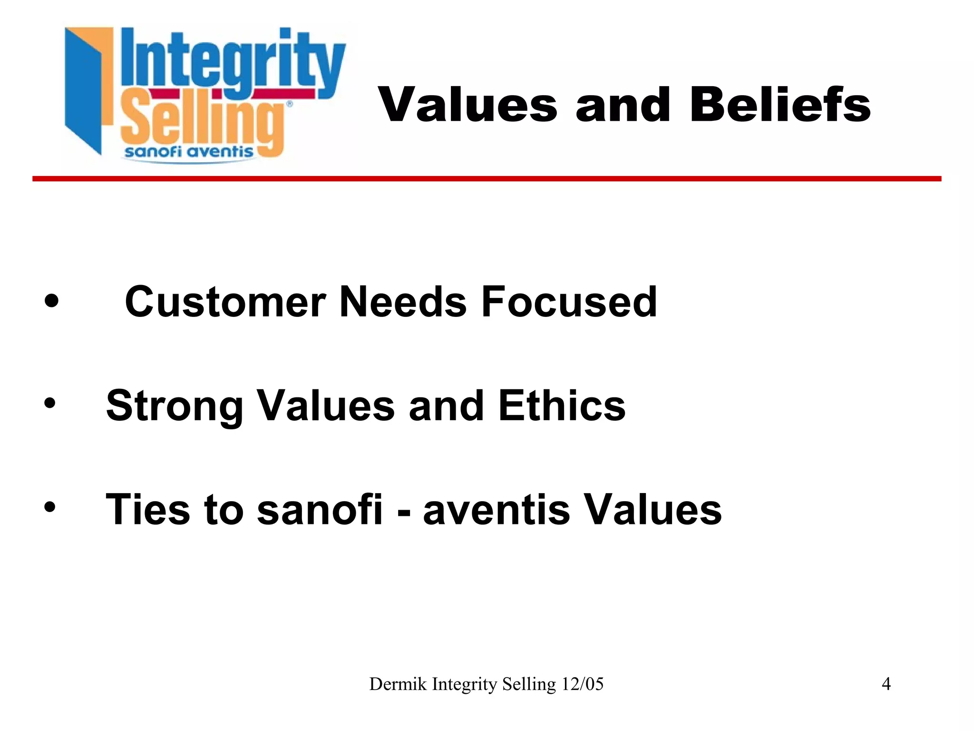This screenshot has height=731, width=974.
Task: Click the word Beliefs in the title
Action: [780, 105]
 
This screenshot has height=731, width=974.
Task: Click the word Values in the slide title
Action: [468, 105]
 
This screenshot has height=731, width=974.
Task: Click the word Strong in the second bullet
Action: [174, 406]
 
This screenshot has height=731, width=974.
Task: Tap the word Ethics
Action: [562, 405]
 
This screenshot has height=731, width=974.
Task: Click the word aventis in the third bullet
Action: [497, 510]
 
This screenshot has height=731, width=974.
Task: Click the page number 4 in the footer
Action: [886, 684]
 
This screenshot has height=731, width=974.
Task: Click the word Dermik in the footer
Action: [398, 684]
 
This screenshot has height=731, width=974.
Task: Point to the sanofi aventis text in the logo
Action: [189, 152]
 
